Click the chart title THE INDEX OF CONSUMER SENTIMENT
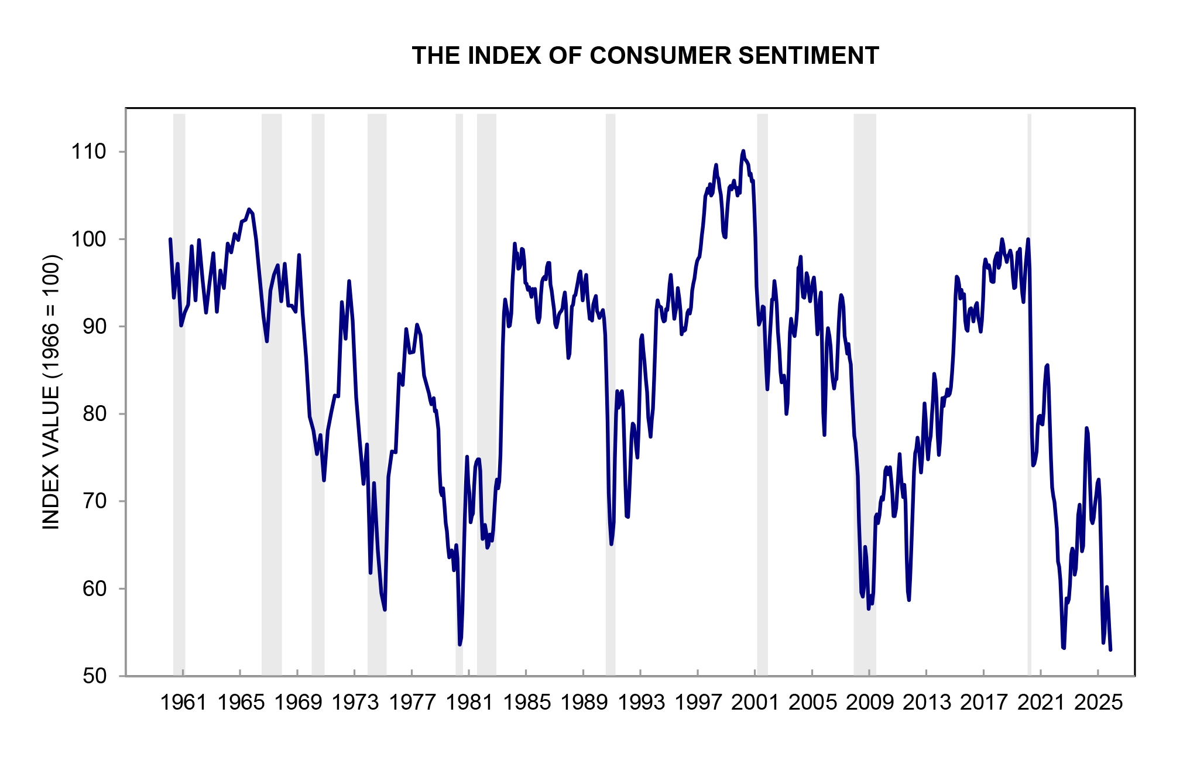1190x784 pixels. tap(645, 56)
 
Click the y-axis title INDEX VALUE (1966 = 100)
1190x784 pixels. tap(52, 392)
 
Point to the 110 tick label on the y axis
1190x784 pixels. tap(89, 152)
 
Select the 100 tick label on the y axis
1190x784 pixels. tap(89, 239)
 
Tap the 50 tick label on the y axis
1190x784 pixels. tap(95, 676)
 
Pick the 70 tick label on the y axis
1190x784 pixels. tap(95, 501)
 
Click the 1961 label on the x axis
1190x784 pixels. tap(183, 702)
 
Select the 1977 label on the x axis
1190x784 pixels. tap(412, 702)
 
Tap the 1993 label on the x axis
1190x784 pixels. tap(641, 702)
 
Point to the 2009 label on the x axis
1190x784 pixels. tap(870, 702)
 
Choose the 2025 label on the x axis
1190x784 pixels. tap(1098, 702)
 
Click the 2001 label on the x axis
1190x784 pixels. tap(755, 702)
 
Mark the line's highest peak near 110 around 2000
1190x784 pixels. tap(743, 151)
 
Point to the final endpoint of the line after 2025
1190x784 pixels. tap(1110, 649)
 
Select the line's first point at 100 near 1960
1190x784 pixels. tap(170, 239)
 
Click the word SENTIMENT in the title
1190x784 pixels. tap(808, 56)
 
